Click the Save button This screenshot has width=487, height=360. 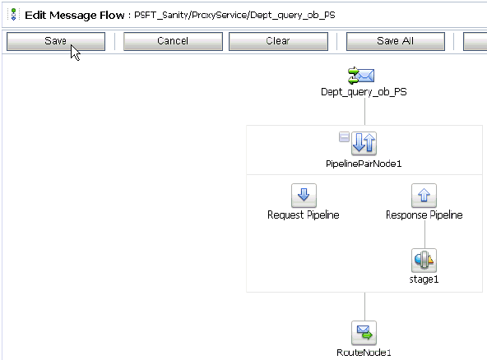pyautogui.click(x=55, y=41)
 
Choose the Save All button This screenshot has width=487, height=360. pyautogui.click(x=395, y=41)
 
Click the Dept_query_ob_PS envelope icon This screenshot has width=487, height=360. pyautogui.click(x=363, y=76)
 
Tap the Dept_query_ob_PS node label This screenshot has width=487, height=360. pyautogui.click(x=364, y=92)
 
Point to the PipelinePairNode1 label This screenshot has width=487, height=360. pyautogui.click(x=364, y=164)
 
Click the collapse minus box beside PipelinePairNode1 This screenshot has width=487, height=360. pyautogui.click(x=344, y=137)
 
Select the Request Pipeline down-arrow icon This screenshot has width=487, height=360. pyautogui.click(x=304, y=196)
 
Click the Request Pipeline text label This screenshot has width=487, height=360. pyautogui.click(x=304, y=215)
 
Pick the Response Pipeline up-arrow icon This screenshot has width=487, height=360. pyautogui.click(x=424, y=196)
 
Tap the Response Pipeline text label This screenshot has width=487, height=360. pyautogui.click(x=424, y=215)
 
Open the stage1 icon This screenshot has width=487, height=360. pyautogui.click(x=424, y=261)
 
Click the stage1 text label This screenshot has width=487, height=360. pyautogui.click(x=424, y=279)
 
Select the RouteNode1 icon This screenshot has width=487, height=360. pyautogui.click(x=364, y=333)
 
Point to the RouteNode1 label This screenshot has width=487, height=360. pyautogui.click(x=364, y=353)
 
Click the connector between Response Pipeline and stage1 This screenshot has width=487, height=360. pyautogui.click(x=424, y=234)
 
